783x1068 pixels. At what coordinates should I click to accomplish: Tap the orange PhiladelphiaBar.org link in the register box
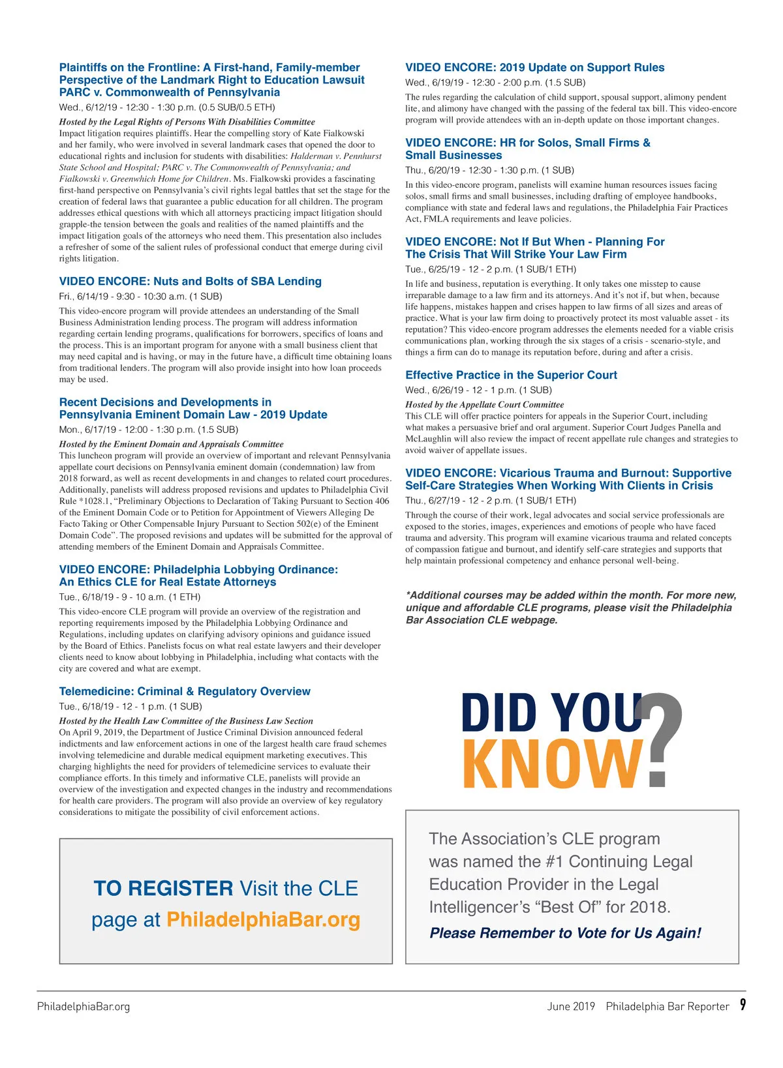coord(263,919)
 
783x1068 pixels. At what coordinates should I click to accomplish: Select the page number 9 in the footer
coord(743,1005)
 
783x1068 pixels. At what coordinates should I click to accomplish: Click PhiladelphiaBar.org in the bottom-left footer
coord(84,1007)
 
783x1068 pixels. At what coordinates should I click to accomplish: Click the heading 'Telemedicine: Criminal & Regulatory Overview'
coord(185,691)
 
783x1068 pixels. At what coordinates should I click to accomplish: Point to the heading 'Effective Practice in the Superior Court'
coord(511,375)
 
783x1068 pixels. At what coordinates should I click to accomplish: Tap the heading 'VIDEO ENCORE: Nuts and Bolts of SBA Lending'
coord(191,282)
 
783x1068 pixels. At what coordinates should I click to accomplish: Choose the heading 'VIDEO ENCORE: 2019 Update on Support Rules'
coord(534,68)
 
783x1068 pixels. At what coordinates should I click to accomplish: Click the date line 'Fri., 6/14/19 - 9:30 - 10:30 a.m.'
coord(140,296)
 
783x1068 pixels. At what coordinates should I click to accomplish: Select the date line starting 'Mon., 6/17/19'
coord(149,430)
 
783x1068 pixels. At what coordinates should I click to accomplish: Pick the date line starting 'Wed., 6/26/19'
coord(478,390)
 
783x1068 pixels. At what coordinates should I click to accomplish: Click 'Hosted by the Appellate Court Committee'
coord(484,404)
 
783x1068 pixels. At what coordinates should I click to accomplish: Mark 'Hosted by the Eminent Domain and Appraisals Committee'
coord(171,444)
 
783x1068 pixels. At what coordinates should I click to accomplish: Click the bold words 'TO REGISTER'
coord(163,888)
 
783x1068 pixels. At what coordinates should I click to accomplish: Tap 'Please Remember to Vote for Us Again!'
coord(565,933)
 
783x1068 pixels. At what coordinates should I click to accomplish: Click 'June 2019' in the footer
coord(571,1007)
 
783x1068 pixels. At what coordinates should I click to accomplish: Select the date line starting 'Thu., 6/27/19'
coord(491,501)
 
